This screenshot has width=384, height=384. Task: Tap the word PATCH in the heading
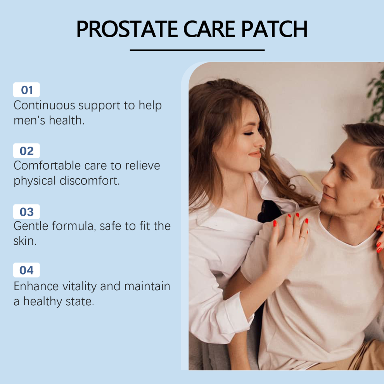tap(274, 29)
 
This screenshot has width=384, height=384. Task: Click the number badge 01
tap(26, 90)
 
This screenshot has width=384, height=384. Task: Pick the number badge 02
tap(26, 150)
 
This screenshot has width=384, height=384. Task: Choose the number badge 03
tap(26, 212)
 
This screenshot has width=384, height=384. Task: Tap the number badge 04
tap(26, 270)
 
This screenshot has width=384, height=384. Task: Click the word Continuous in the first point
tap(44, 105)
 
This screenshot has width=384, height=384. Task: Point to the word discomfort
tap(90, 180)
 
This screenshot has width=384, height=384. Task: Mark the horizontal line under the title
tap(197, 50)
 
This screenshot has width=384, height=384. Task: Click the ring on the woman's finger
tap(303, 237)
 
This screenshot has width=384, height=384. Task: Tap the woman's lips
tap(255, 154)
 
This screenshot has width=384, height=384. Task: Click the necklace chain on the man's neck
tap(330, 224)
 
